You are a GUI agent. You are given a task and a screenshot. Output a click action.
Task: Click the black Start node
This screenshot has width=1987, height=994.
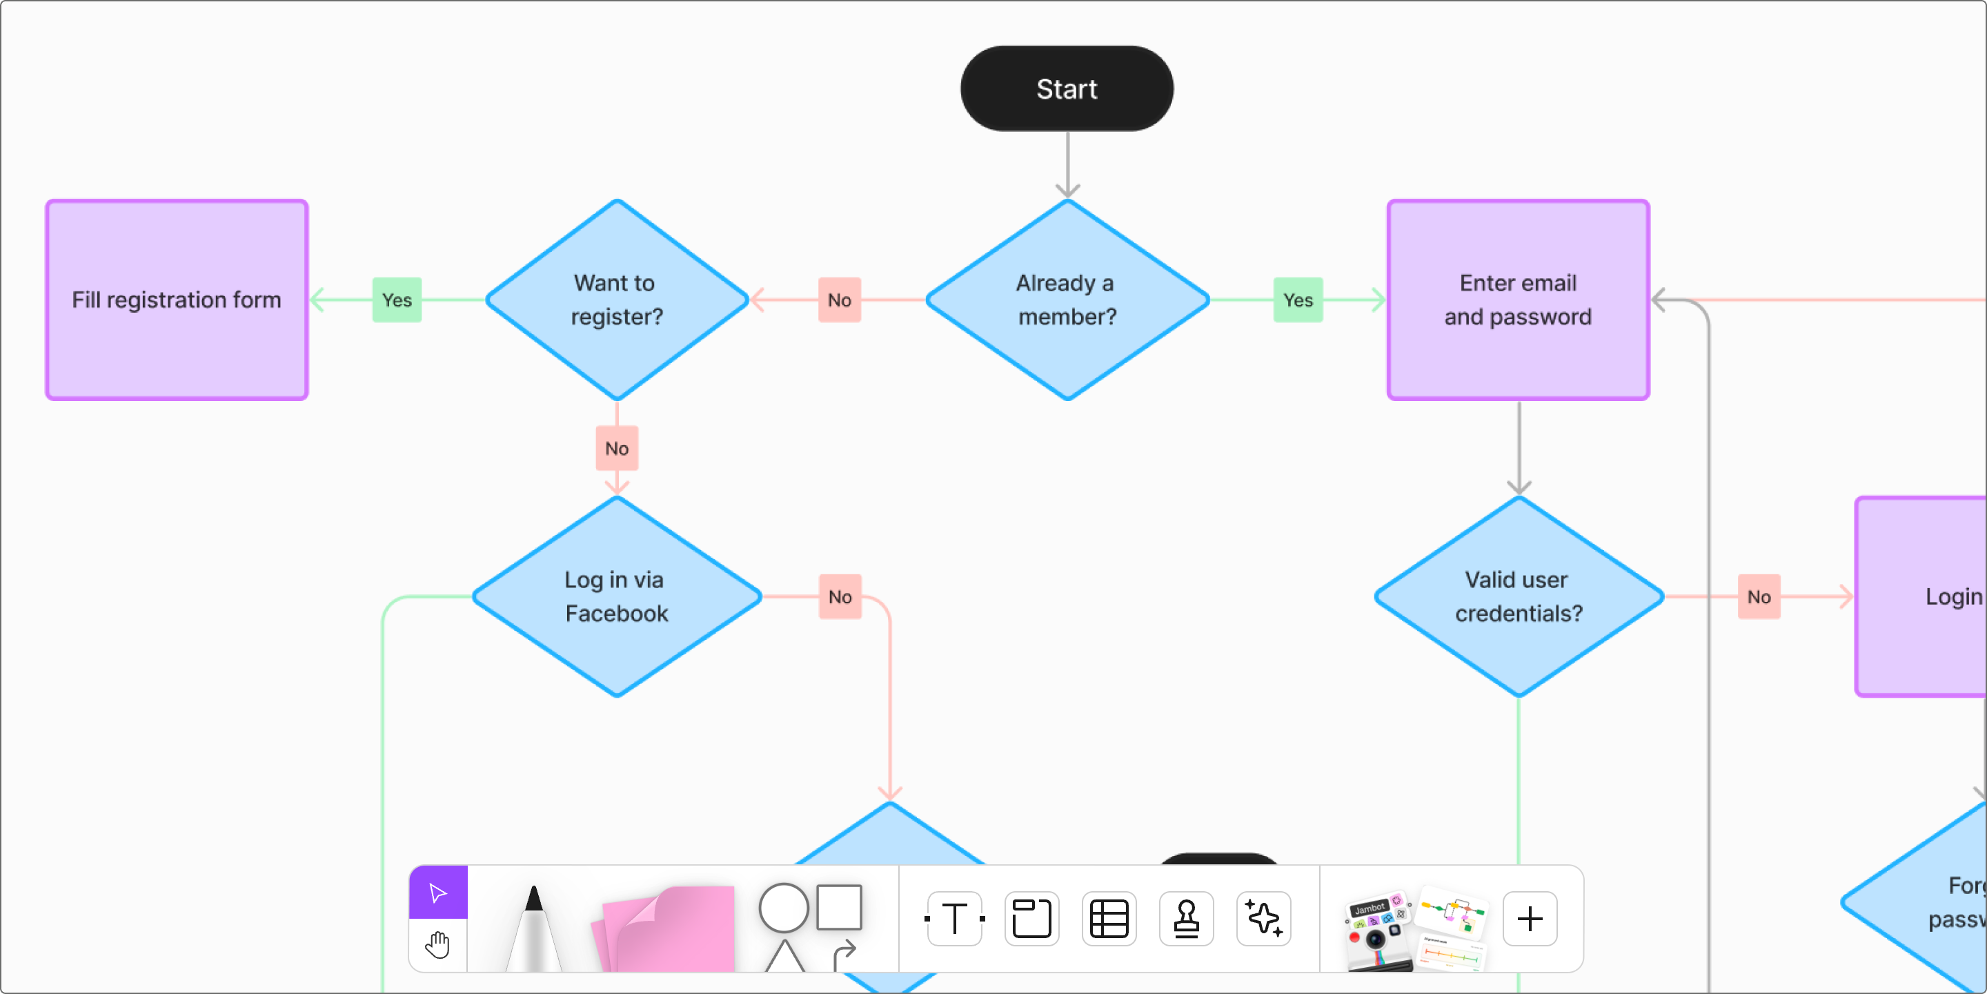coord(1067,89)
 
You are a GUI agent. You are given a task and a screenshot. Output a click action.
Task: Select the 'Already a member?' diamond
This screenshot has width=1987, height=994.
coord(1067,300)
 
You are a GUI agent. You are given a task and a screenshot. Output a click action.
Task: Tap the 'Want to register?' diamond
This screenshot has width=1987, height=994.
coord(616,300)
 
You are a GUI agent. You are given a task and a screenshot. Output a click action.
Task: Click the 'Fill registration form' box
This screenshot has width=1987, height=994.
coord(177,300)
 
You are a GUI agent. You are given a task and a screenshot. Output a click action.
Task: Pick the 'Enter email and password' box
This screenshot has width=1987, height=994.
coord(1517,300)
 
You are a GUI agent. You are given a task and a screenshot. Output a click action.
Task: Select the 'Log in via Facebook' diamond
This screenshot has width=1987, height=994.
coord(616,596)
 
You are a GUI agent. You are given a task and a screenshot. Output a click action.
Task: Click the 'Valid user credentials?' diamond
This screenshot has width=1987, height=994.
coord(1518,596)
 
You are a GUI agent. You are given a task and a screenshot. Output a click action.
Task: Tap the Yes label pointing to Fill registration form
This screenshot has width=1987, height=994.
coord(397,300)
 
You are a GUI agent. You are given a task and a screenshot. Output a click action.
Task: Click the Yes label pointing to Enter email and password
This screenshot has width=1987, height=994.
coord(1297,300)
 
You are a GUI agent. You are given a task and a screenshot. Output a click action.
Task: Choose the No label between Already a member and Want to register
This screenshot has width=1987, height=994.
coord(839,300)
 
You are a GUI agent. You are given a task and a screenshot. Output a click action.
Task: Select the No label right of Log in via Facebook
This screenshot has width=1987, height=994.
coord(839,596)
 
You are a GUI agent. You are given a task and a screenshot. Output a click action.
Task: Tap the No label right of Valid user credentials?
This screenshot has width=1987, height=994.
coord(1758,596)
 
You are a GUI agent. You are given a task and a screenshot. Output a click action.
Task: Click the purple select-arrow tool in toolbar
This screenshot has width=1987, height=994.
coord(438,893)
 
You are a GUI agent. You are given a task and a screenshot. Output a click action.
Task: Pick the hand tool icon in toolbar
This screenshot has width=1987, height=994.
coord(438,944)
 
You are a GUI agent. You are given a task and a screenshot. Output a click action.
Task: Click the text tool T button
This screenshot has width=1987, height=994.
coord(954,918)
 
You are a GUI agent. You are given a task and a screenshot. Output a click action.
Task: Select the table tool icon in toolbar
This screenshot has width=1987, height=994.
coord(1109,918)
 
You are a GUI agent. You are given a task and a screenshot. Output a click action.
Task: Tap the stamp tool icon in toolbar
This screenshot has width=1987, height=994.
coord(1185,918)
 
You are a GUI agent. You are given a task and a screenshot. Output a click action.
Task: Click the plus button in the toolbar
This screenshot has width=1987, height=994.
coord(1530,918)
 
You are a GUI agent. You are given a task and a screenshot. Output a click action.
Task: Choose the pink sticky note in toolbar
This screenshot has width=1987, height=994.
coord(668,930)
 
